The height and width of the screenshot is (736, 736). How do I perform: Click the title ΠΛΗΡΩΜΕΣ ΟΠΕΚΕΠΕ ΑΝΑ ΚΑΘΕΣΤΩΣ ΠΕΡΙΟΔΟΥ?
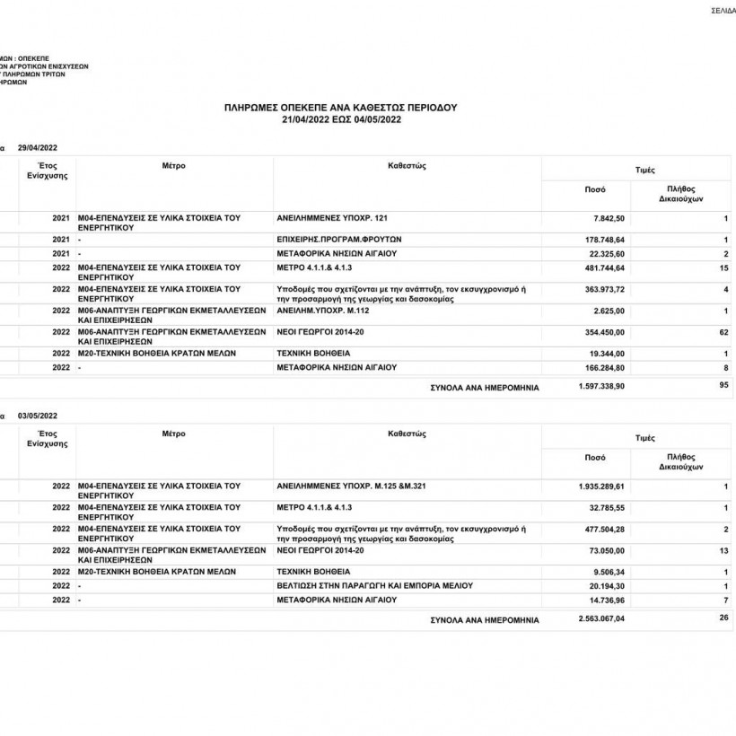340,107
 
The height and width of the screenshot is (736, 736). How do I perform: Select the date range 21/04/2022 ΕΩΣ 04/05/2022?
340,118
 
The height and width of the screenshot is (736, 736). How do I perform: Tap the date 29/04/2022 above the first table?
37,147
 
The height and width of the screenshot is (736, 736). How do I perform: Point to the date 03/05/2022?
37,416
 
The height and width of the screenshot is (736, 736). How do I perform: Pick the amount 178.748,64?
603,240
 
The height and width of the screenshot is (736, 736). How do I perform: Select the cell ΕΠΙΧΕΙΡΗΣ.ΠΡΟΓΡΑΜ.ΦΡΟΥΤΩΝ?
338,240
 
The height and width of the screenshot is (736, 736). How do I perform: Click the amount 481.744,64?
603,267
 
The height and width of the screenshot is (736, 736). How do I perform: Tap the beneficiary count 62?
723,332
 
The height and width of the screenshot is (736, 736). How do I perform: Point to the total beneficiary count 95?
723,385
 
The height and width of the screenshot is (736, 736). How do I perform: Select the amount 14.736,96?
606,600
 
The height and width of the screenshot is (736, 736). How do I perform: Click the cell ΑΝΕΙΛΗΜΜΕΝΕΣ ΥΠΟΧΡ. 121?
333,218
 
